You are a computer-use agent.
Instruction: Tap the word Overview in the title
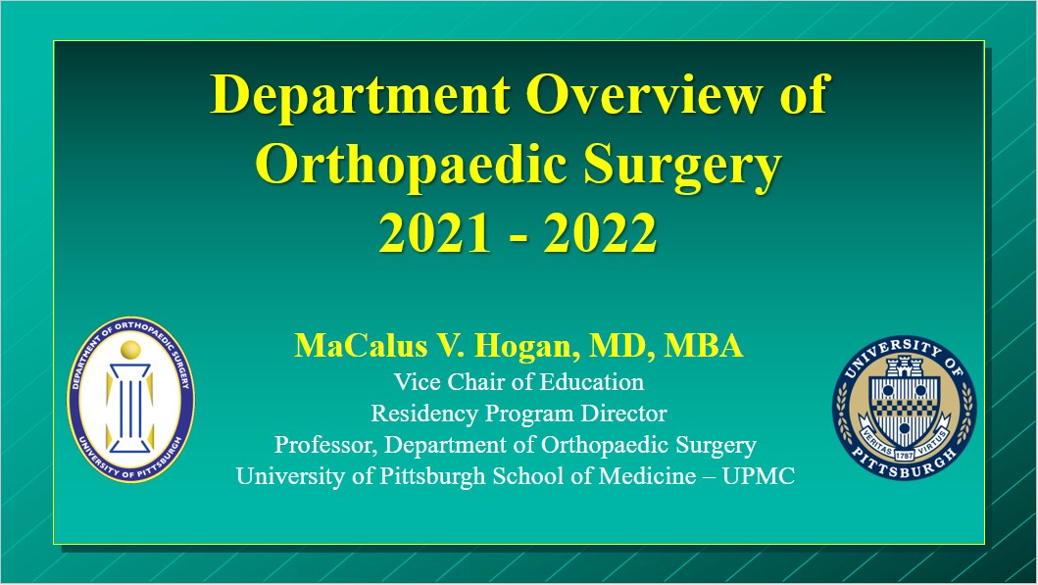(x=644, y=95)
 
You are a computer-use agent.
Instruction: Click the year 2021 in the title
(x=435, y=233)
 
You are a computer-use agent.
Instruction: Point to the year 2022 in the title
(x=601, y=233)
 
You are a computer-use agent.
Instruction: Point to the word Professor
(x=325, y=446)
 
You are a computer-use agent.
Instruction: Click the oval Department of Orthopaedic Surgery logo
(x=131, y=400)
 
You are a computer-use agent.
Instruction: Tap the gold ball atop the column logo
(x=131, y=350)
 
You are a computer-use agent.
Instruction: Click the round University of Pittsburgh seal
(x=905, y=408)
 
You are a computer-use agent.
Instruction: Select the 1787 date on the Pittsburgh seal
(x=905, y=456)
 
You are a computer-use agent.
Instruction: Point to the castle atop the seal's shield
(x=905, y=366)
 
